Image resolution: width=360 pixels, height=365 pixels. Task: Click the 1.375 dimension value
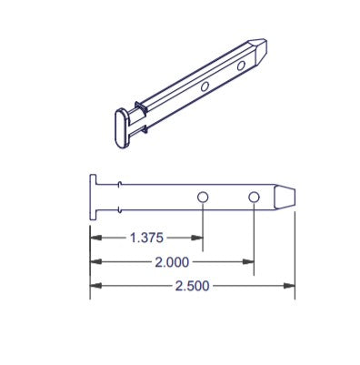145,238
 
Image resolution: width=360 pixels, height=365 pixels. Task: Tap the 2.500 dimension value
191,287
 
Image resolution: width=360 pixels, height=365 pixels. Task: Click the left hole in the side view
204,197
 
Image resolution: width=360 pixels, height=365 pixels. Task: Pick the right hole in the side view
254,197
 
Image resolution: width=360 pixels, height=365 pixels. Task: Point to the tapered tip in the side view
285,198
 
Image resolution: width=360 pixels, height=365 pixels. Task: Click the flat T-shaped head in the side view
93,197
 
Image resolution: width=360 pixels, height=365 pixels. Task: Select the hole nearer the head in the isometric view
205,86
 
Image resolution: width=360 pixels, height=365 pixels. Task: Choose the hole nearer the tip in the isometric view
241,66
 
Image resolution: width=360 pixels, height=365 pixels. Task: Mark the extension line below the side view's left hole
204,223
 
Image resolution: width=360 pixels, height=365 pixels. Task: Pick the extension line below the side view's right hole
254,237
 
